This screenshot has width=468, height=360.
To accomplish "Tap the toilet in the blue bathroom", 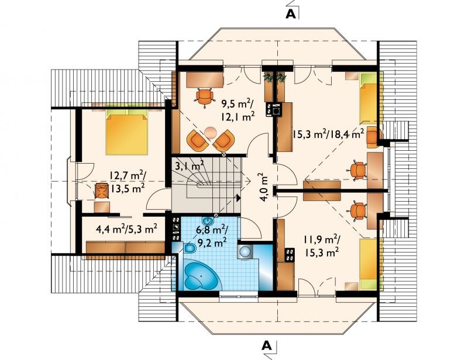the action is (x=188, y=248).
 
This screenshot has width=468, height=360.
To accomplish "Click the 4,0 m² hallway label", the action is (x=264, y=188).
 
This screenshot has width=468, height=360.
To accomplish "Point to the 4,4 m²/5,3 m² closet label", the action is (x=126, y=229).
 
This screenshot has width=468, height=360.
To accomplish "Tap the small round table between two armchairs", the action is (x=211, y=132).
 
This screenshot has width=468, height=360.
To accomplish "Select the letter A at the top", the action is (x=291, y=13).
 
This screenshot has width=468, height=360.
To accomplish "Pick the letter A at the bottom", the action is (x=267, y=345).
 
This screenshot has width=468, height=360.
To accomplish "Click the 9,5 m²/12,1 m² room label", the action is (x=238, y=110).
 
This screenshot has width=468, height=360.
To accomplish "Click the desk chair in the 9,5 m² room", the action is (x=205, y=97).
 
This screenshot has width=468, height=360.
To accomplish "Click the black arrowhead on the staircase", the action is (x=238, y=198).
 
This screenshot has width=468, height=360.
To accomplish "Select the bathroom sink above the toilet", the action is (x=208, y=221).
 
